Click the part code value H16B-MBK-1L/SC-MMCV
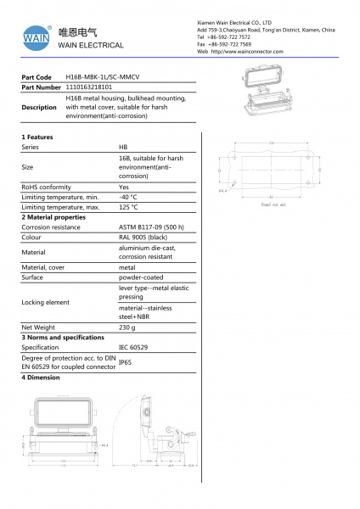(104, 76)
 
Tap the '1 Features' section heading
(37, 137)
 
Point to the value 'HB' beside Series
(124, 147)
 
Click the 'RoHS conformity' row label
(46, 187)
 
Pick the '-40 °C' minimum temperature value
(128, 197)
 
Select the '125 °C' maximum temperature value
(128, 207)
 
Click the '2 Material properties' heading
(53, 217)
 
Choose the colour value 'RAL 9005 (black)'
(143, 238)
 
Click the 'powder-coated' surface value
(140, 277)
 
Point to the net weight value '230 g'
(127, 327)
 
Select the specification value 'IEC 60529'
(133, 347)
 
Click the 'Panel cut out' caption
(273, 204)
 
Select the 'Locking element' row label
(46, 302)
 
